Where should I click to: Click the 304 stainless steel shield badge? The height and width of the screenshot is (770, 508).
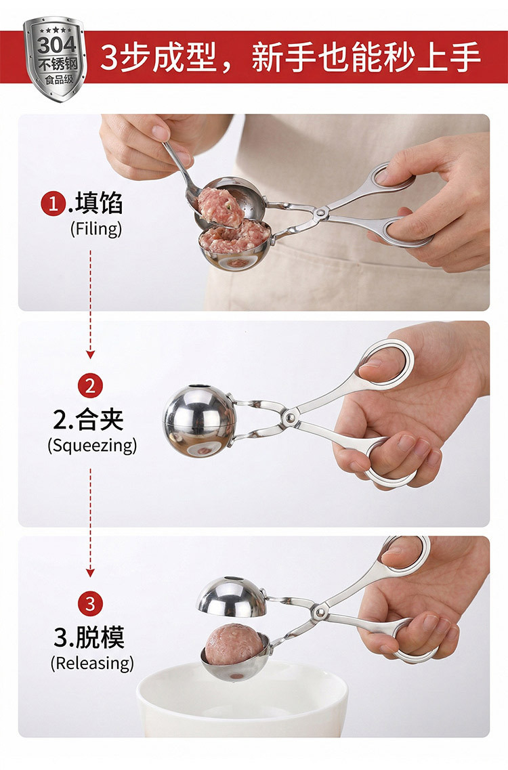click(x=55, y=58)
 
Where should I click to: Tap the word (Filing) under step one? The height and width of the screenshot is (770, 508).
click(x=96, y=229)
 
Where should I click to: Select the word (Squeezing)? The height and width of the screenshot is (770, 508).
click(x=92, y=446)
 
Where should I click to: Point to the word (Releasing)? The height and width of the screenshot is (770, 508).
click(x=92, y=663)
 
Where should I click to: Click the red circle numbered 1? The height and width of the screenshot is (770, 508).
click(x=54, y=203)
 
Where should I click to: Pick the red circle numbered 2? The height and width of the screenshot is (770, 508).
click(x=90, y=385)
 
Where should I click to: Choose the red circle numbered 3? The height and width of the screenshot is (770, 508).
click(x=90, y=603)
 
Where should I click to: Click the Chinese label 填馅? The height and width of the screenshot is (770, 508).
click(x=99, y=203)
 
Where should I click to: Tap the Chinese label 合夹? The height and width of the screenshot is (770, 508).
click(x=99, y=419)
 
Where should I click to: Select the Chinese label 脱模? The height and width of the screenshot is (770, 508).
click(x=100, y=637)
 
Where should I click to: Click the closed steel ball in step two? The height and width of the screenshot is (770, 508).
click(x=199, y=421)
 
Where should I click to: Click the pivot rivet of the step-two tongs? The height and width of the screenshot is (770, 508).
click(x=290, y=417)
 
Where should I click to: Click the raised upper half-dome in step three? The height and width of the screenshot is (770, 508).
click(x=232, y=597)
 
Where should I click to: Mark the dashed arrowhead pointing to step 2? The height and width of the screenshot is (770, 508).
click(x=90, y=355)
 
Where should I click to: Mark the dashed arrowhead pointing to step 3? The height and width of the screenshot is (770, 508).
click(x=90, y=572)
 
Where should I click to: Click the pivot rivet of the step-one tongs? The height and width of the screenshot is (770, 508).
click(x=320, y=213)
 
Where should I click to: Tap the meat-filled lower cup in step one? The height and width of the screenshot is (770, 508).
click(x=235, y=244)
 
